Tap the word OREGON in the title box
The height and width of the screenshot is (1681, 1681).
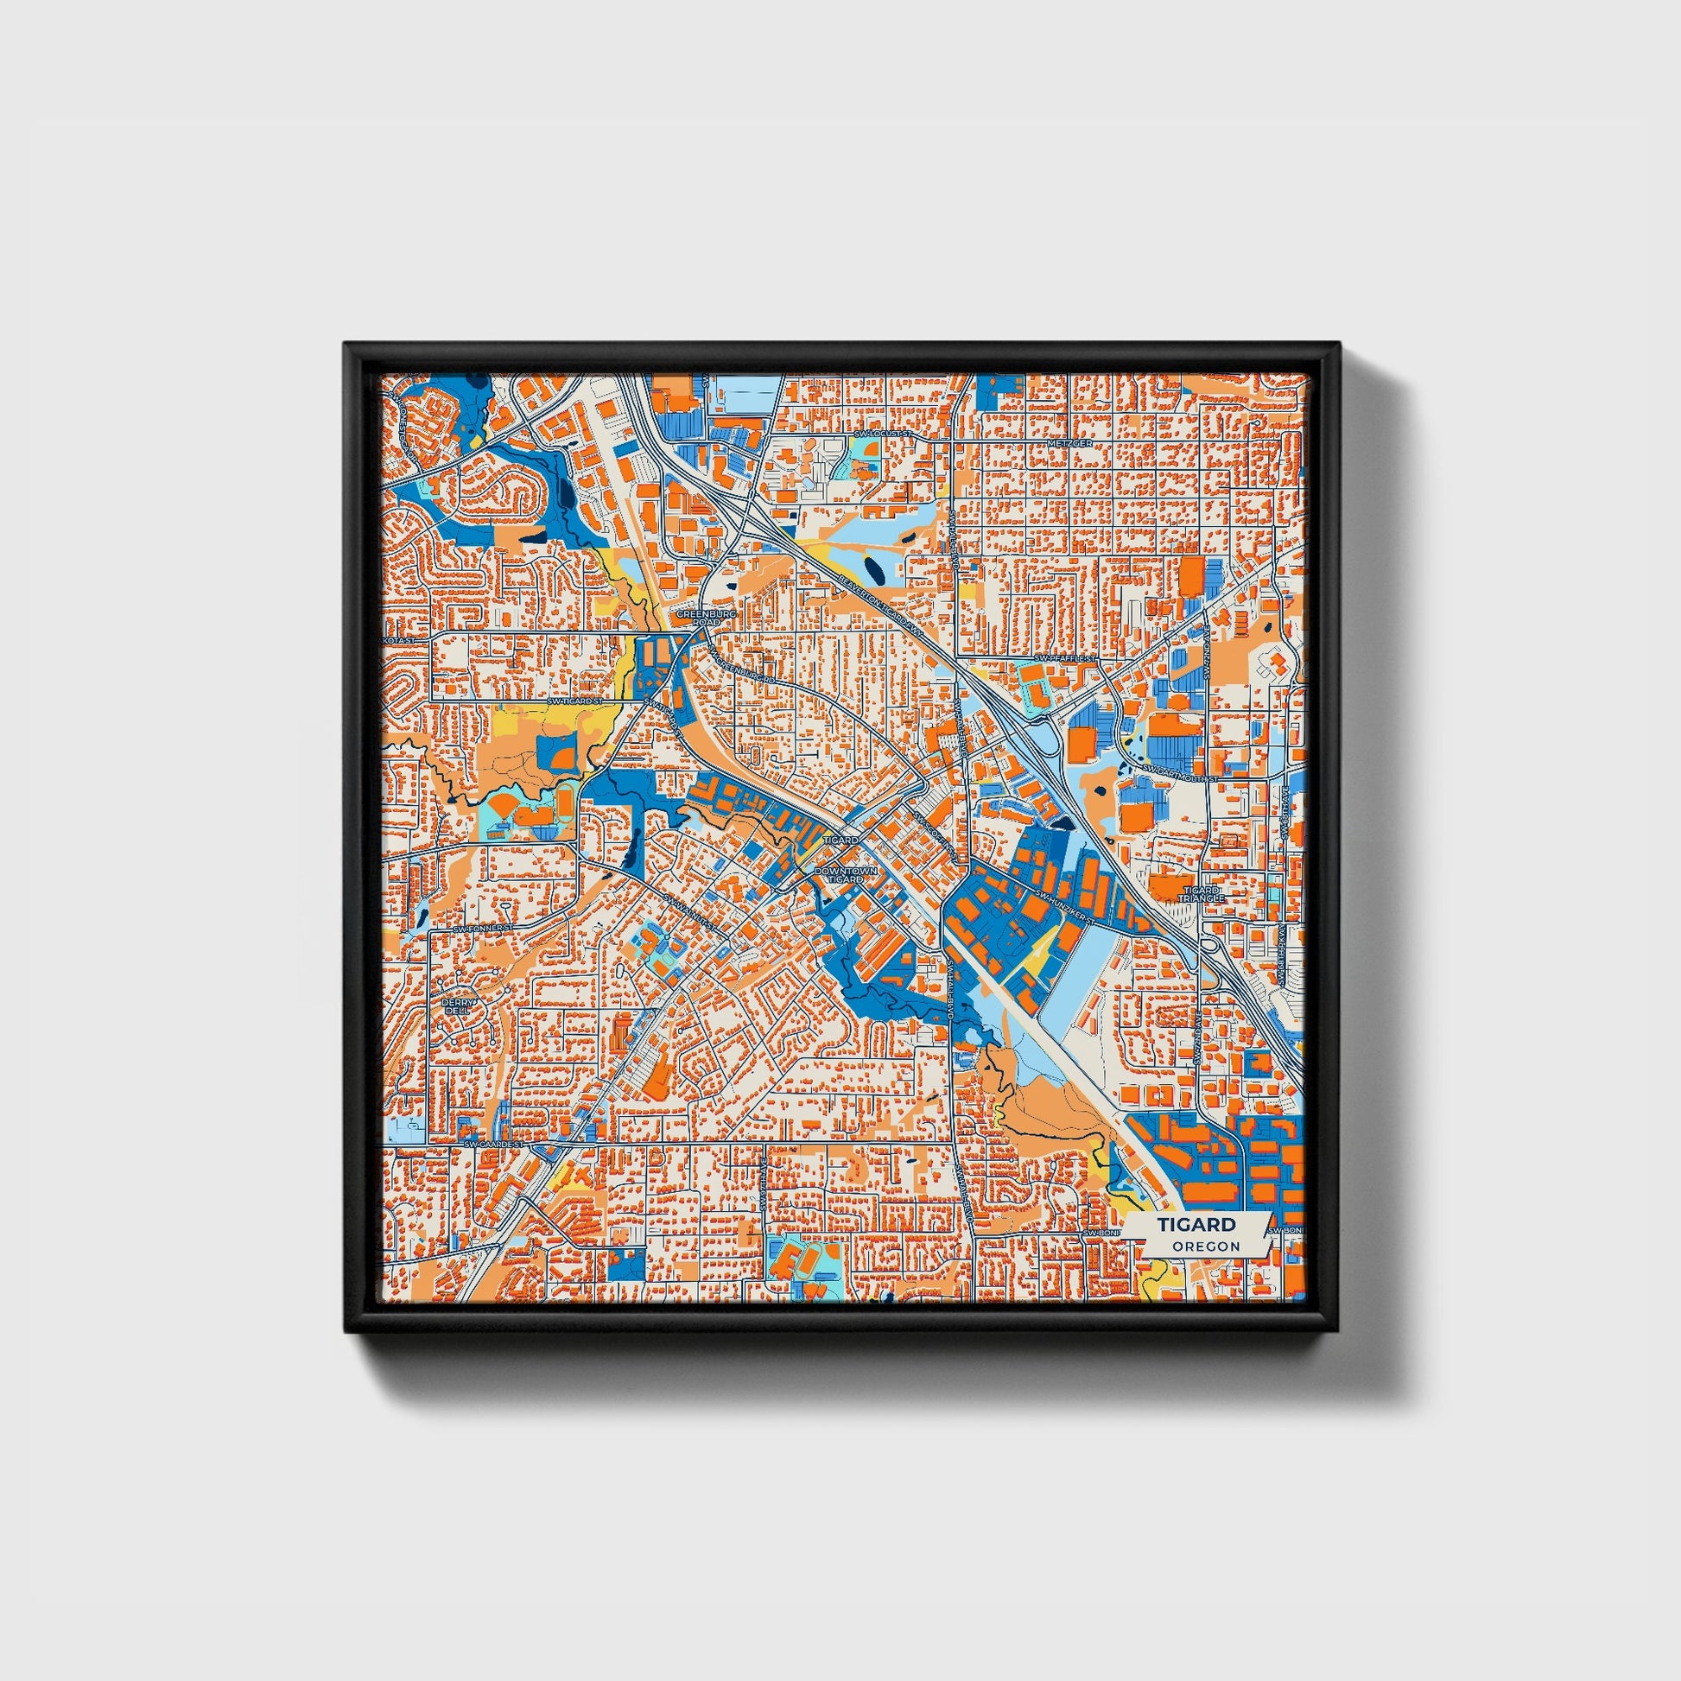1205,1246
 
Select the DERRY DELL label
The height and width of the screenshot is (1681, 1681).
458,1006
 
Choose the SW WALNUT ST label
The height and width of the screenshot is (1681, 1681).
690,911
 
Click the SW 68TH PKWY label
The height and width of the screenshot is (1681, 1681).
1285,813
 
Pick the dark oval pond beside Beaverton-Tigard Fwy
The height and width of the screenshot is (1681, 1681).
872,571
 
